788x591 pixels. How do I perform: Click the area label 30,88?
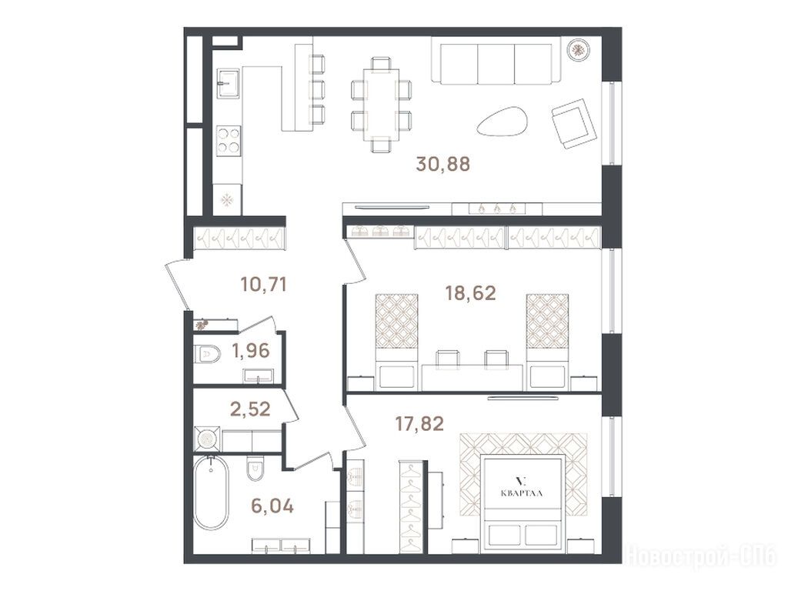(442, 164)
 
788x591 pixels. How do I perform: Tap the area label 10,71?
(264, 285)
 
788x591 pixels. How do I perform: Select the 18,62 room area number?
(470, 292)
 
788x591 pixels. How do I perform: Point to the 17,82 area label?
(419, 424)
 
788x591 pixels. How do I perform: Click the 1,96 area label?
(251, 350)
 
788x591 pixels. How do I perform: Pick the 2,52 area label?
(250, 409)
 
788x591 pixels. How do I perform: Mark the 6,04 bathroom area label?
(272, 506)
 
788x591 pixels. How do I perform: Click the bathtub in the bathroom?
(212, 492)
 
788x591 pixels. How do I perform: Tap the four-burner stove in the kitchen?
(228, 140)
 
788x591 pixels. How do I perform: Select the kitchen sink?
(228, 82)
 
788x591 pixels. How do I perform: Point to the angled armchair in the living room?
(574, 124)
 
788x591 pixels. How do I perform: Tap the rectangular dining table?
(382, 105)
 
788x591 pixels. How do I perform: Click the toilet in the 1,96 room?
(208, 354)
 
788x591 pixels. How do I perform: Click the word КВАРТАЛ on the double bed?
(522, 493)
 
